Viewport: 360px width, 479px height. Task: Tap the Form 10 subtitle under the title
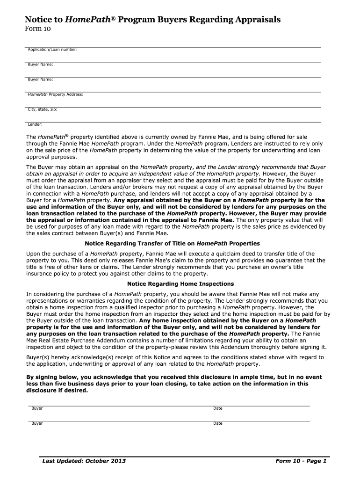point(37,29)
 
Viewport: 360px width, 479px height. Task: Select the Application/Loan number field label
point(52,49)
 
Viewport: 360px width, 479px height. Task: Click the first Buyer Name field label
point(40,64)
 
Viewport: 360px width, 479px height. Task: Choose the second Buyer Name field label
point(40,80)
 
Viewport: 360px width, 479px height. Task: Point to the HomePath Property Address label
point(55,94)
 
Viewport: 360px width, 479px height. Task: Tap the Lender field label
point(35,124)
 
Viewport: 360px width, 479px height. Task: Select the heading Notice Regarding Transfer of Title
point(172,244)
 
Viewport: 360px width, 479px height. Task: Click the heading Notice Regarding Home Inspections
point(180,284)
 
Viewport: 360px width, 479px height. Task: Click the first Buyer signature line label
point(37,408)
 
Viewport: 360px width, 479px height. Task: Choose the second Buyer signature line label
point(37,423)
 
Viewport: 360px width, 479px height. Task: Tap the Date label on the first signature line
point(218,408)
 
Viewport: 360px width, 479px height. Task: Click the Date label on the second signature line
point(218,423)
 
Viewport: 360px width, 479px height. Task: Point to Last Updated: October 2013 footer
point(84,461)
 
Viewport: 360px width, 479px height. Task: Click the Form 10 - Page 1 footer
point(301,461)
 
